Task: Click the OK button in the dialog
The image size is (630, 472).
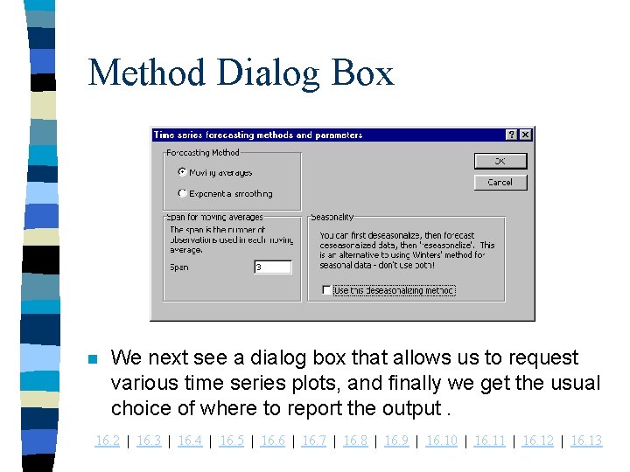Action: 500,161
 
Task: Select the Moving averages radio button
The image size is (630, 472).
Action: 182,172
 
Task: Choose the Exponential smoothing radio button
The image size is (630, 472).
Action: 182,193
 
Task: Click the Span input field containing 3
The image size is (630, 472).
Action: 272,267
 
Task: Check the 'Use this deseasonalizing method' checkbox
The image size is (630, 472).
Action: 326,290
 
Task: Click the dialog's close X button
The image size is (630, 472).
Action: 525,135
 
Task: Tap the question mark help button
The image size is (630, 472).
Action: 512,135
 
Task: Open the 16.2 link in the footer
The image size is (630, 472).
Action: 107,441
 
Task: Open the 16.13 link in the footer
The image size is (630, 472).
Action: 586,441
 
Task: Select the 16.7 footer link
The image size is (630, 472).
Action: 314,441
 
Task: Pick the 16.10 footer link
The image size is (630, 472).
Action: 441,441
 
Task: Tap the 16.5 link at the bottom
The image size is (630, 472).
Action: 232,441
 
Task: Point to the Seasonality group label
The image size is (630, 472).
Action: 332,217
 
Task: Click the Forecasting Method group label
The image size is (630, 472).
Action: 203,152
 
